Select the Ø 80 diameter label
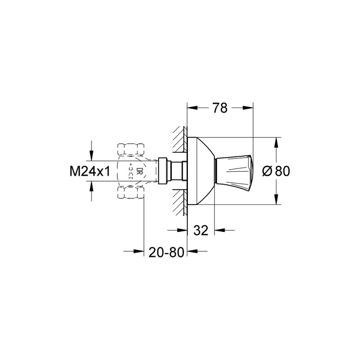(x=276, y=171)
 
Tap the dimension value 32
(x=201, y=230)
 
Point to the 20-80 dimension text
(x=166, y=251)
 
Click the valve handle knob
(x=234, y=170)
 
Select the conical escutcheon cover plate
(x=202, y=170)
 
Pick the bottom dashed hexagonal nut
(x=131, y=192)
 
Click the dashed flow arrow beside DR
(x=131, y=171)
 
